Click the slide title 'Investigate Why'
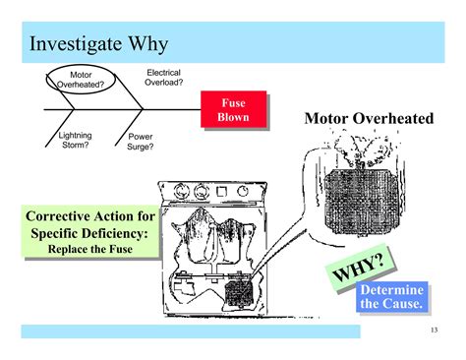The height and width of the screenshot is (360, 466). [x=98, y=44]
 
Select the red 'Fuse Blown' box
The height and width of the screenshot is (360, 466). [x=234, y=110]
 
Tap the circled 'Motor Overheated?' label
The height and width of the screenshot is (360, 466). [x=81, y=79]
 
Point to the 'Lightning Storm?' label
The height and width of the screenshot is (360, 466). [x=76, y=140]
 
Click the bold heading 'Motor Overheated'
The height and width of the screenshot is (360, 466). [x=368, y=119]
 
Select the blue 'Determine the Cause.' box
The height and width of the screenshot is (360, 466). [x=391, y=297]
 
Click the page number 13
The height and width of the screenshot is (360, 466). [x=434, y=330]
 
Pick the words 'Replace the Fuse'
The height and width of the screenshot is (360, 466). [x=89, y=249]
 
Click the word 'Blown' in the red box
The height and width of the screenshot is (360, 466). [x=234, y=118]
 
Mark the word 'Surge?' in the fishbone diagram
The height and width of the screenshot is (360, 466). [x=142, y=149]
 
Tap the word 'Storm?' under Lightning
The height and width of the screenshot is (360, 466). [x=76, y=146]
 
